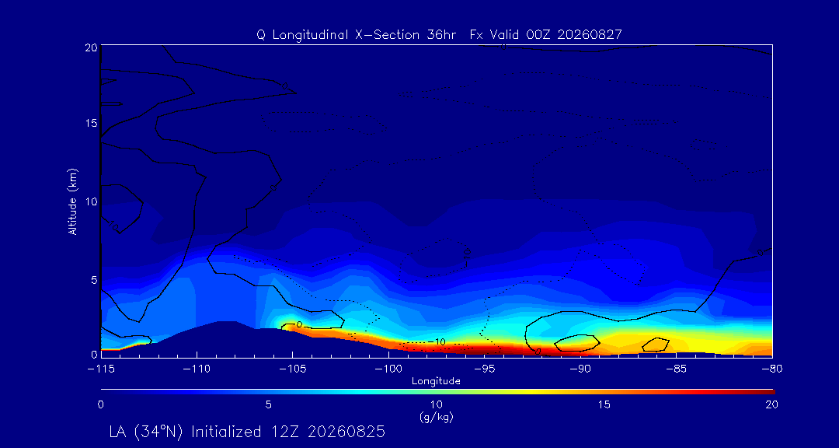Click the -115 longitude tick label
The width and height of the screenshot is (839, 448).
tap(100, 369)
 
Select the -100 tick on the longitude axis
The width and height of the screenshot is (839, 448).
tap(388, 369)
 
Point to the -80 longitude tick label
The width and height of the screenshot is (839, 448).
tap(772, 369)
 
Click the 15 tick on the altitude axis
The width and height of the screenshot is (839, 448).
tap(91, 123)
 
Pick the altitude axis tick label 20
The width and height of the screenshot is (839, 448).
tap(91, 47)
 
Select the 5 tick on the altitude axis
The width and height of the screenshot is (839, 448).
tap(93, 280)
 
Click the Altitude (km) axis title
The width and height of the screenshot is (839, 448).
tap(73, 201)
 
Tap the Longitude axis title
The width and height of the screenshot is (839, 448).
tap(436, 382)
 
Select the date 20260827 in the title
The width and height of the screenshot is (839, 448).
tap(589, 35)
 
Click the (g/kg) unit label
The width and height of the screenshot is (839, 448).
tap(437, 418)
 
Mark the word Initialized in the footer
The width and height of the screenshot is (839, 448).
tap(232, 432)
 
